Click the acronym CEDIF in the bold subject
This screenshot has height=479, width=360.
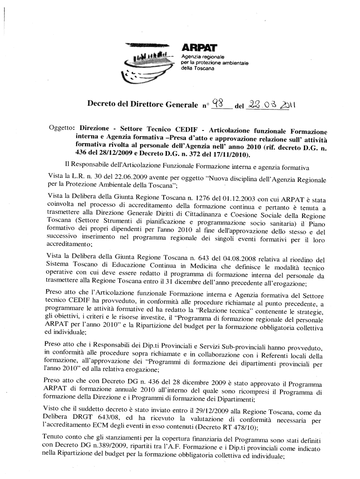[x=187, y=129]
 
